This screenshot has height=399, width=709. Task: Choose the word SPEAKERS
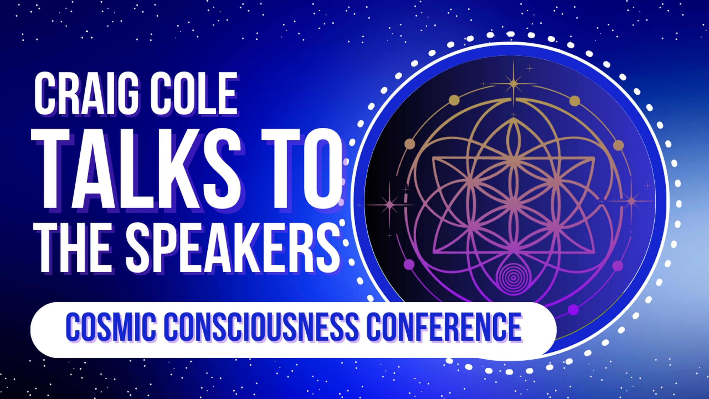(x=233, y=247)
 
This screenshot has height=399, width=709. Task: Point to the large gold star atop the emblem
(x=513, y=84)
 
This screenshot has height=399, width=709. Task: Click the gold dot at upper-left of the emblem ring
(x=454, y=100)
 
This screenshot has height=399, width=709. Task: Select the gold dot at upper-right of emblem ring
(x=574, y=100)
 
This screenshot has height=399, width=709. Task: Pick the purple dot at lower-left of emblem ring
(x=409, y=264)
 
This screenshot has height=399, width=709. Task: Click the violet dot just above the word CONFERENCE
(x=573, y=310)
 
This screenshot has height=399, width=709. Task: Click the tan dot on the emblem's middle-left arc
(x=409, y=144)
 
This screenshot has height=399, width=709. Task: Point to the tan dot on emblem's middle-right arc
(x=618, y=145)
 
